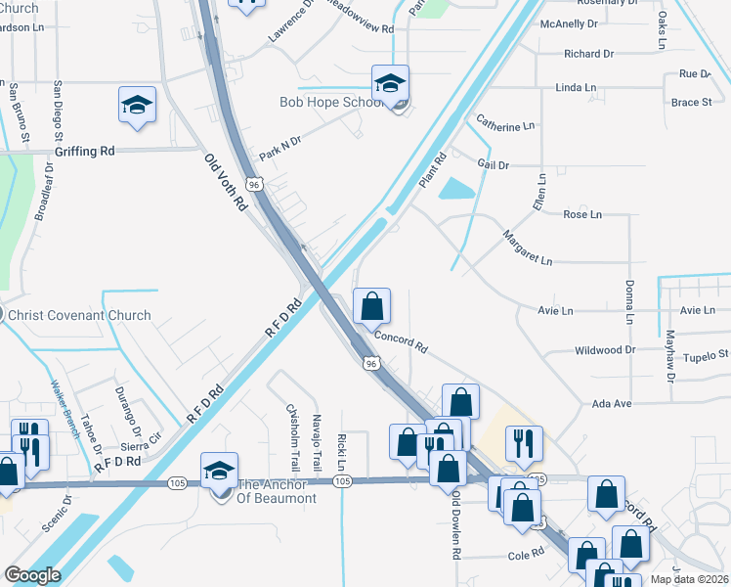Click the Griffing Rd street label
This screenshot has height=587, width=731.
tap(85, 151)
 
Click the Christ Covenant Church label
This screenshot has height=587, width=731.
tap(78, 315)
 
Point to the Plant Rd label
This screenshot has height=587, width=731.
tap(431, 170)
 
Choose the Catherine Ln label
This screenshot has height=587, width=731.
tap(505, 125)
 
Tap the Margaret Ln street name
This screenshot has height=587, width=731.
tap(528, 248)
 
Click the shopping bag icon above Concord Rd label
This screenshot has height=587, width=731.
tap(371, 307)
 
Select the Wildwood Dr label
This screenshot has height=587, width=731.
tap(605, 349)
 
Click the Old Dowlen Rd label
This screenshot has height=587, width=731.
tap(455, 524)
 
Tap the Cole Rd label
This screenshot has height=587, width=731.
tap(525, 555)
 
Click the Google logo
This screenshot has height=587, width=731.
tap(31, 576)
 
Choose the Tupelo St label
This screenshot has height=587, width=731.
tap(707, 357)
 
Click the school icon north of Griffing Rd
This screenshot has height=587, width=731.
tap(137, 106)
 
